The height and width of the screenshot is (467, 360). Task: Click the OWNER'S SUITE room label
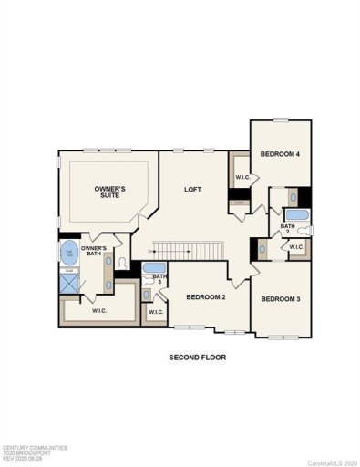click(x=110, y=192)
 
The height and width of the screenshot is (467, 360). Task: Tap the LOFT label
click(x=192, y=190)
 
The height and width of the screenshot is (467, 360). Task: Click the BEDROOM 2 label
click(x=206, y=296)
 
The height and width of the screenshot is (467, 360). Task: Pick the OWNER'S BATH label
click(x=94, y=251)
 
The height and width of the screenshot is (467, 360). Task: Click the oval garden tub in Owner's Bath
click(x=67, y=252)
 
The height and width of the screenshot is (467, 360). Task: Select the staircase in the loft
click(x=188, y=249)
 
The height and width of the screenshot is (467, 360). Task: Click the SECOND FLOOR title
click(x=197, y=357)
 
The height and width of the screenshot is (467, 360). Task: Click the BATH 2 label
click(x=287, y=228)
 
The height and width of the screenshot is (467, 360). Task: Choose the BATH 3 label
click(x=159, y=278)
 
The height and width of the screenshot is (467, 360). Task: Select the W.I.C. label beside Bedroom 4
click(x=242, y=177)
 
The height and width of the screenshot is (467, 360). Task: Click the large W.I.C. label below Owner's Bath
click(x=100, y=311)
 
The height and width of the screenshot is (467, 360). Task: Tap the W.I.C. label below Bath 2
click(x=296, y=248)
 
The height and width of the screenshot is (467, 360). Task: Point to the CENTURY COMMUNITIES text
click(x=34, y=448)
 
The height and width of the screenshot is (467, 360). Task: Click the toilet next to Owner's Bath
click(x=121, y=263)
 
